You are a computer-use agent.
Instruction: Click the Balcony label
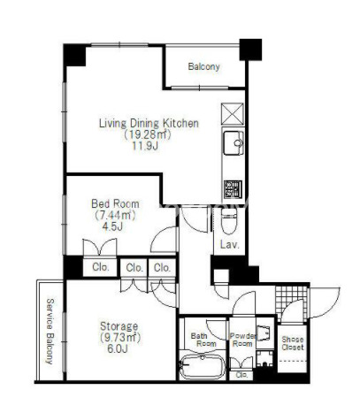pyautogui.click(x=203, y=66)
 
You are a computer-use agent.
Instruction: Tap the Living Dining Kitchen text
pyautogui.click(x=149, y=123)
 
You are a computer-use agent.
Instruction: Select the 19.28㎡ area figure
pyautogui.click(x=147, y=134)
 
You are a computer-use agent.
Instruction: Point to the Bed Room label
pyautogui.click(x=115, y=203)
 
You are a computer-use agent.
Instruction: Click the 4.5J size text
pyautogui.click(x=112, y=226)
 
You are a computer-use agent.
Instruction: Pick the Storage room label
pyautogui.click(x=119, y=326)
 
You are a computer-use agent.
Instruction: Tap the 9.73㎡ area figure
pyautogui.click(x=120, y=337)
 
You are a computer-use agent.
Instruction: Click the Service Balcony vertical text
pyautogui.click(x=50, y=332)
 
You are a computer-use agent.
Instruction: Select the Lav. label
pyautogui.click(x=229, y=244)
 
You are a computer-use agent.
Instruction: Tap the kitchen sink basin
pyautogui.click(x=234, y=143)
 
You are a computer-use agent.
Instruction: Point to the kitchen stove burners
pyautogui.click(x=233, y=189)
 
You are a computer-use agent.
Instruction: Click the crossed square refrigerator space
pyautogui.click(x=233, y=114)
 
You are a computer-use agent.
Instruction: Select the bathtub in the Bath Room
pyautogui.click(x=203, y=366)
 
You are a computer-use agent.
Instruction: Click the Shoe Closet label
pyautogui.click(x=292, y=343)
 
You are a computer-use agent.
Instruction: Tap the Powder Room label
pyautogui.click(x=243, y=340)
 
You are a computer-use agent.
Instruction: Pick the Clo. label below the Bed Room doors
pyautogui.click(x=101, y=267)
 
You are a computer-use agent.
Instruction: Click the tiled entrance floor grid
pyautogui.click(x=291, y=300)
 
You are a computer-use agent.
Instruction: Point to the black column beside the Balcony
pyautogui.click(x=250, y=50)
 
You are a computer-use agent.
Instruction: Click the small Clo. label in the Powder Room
pyautogui.click(x=241, y=375)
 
